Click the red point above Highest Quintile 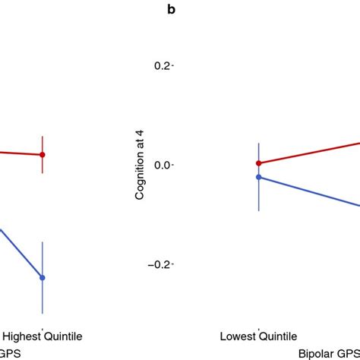[x=43, y=154]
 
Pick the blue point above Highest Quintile [x=43, y=278]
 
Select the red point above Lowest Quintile [x=259, y=163]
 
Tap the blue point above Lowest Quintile [x=259, y=177]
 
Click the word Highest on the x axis [x=23, y=335]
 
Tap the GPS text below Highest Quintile [x=9, y=352]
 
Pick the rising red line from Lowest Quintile [x=311, y=152]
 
